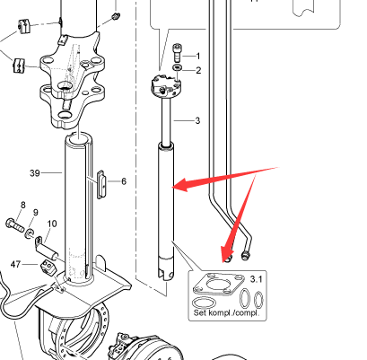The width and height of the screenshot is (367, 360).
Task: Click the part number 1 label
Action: point(197,56)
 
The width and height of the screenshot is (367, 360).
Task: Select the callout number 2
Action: point(198,70)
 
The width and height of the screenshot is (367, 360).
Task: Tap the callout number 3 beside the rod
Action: point(197,120)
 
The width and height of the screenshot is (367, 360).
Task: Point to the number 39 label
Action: point(35,173)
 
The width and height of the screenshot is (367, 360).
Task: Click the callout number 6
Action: point(124,181)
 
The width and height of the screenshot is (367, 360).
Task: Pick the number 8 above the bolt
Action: point(23,205)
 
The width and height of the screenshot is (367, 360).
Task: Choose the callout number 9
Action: point(36,213)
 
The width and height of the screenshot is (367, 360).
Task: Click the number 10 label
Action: point(52,224)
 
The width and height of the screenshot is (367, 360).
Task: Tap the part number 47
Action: point(15,264)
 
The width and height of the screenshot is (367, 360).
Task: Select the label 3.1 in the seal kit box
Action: point(256,279)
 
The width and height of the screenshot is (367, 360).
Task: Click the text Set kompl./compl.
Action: point(226,312)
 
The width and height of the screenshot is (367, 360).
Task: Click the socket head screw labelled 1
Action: point(177,53)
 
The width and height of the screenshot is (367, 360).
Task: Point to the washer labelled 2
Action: point(177,67)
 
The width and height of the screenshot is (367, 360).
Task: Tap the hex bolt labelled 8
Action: point(14,224)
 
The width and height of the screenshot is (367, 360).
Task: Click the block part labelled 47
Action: point(48,267)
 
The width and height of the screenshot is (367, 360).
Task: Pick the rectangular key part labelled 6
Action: point(101,184)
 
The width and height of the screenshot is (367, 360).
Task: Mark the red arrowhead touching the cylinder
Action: point(180,185)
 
